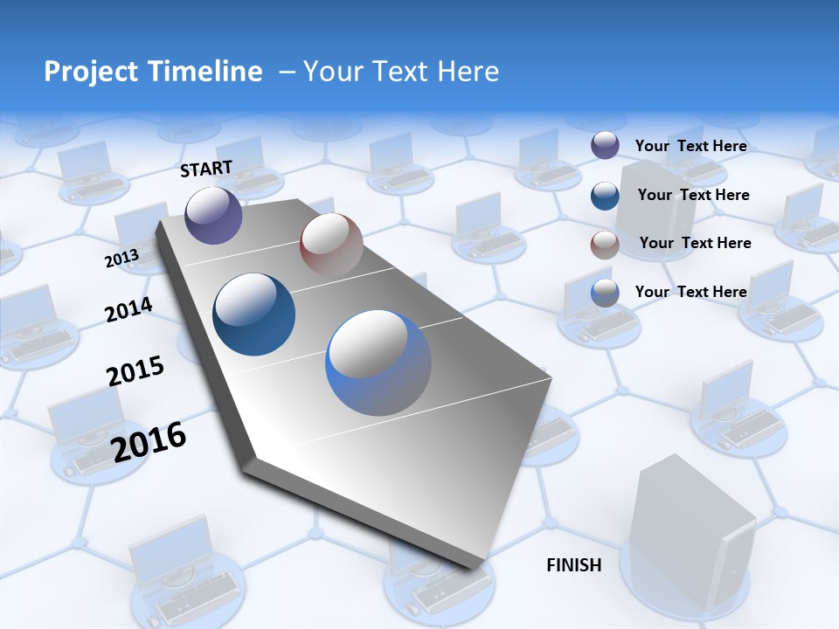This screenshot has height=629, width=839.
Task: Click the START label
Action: tap(206, 169)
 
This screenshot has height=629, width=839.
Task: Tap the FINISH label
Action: tap(573, 565)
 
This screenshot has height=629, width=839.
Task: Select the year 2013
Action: tap(121, 259)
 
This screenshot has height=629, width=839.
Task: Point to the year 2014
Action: tap(128, 310)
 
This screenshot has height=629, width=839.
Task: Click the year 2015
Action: tap(135, 370)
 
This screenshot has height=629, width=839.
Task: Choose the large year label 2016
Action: tap(149, 442)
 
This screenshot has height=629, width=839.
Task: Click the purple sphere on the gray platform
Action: tap(213, 215)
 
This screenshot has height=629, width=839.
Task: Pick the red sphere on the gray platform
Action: tap(331, 245)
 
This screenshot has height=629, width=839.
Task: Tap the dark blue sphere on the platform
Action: tap(253, 314)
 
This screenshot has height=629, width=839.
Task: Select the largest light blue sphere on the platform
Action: tap(378, 363)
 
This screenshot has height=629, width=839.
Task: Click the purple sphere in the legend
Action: tap(605, 145)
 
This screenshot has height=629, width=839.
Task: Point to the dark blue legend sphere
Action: tap(605, 196)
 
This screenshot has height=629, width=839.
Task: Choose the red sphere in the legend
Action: tap(605, 245)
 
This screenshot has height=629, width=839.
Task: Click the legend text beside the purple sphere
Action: tap(690, 146)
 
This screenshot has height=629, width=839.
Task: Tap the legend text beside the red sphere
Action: tap(695, 243)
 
